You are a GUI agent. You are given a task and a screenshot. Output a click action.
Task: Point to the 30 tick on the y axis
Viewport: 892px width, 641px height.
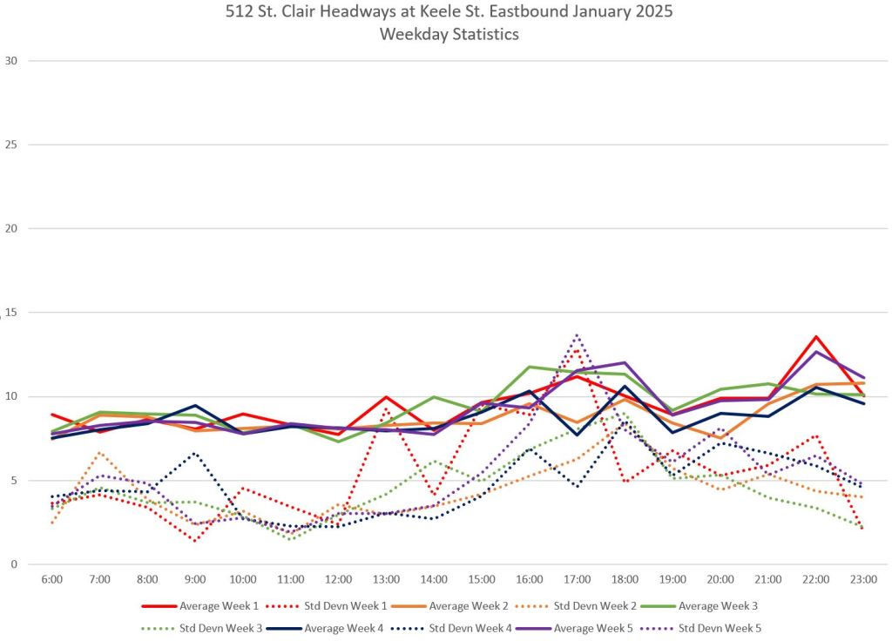point(12,61)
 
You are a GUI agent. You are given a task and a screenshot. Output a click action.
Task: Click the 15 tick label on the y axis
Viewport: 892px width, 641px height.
point(12,313)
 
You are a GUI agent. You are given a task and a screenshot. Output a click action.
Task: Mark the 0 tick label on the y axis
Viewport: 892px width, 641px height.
point(15,564)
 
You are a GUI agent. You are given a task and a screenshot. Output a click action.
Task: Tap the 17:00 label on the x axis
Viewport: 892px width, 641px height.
point(578,579)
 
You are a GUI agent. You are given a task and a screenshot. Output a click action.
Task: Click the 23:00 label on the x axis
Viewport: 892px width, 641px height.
point(863,579)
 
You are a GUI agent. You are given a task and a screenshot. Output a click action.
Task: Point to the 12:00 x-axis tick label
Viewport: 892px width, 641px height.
point(339,579)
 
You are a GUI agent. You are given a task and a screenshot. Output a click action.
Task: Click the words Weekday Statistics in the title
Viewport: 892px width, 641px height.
point(449,35)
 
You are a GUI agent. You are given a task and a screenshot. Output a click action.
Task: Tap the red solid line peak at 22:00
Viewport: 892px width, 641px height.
point(816,336)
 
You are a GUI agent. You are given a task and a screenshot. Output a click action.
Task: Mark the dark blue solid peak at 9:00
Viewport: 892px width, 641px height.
point(196,405)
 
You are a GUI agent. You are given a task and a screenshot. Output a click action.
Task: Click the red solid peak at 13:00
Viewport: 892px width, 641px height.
point(387,397)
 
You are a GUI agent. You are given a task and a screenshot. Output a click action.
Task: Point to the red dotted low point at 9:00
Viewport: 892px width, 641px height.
point(196,541)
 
